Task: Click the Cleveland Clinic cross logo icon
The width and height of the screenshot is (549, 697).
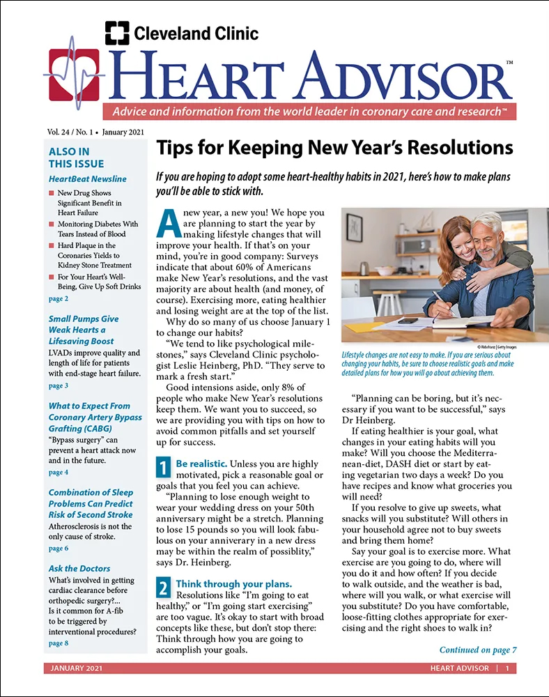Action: pos(117,33)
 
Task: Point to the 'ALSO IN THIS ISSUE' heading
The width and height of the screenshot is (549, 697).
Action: pos(69,158)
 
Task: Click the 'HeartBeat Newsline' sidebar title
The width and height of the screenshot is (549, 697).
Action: pos(88,179)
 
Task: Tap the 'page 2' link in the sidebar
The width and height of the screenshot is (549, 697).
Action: pos(59,298)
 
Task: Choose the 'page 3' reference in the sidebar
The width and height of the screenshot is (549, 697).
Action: pos(59,385)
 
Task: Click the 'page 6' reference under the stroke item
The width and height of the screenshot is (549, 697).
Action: pos(59,549)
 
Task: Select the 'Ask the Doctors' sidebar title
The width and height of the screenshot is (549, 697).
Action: pos(79,568)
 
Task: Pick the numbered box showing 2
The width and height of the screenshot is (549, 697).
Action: pos(162,588)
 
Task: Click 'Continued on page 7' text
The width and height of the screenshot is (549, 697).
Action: pos(477,650)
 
